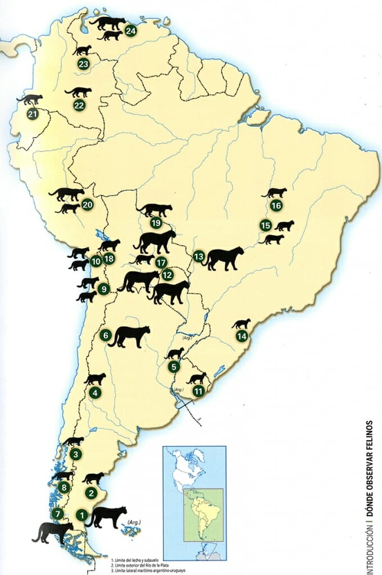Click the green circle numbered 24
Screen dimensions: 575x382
tap(131, 30)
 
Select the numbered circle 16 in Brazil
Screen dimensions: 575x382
tap(275, 206)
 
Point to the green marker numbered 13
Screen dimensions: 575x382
tap(198, 256)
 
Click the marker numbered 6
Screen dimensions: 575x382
tap(104, 335)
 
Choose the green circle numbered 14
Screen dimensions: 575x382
tap(242, 336)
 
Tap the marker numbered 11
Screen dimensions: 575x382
tap(198, 391)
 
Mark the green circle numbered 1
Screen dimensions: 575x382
tap(81, 514)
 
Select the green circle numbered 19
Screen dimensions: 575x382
tap(156, 223)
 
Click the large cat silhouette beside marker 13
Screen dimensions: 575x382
tap(224, 258)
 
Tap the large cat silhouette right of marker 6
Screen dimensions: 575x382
tap(130, 336)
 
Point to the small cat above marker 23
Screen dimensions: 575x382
tap(81, 50)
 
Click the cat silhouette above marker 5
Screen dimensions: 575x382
tap(174, 353)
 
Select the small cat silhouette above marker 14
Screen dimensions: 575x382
tap(241, 323)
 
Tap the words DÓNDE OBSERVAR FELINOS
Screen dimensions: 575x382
tap(369, 461)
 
